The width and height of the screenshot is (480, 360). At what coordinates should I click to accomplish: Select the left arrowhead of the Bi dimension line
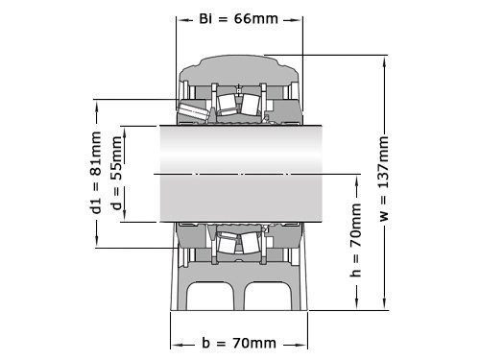(x=179, y=19)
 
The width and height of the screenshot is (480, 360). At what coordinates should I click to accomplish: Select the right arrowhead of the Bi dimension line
(x=300, y=19)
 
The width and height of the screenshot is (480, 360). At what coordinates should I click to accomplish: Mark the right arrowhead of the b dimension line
(x=304, y=343)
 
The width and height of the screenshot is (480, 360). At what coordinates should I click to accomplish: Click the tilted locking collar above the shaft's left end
(x=192, y=111)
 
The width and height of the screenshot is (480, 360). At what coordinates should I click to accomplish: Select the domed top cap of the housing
(x=239, y=69)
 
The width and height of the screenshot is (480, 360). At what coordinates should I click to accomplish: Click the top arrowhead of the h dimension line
(x=356, y=179)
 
